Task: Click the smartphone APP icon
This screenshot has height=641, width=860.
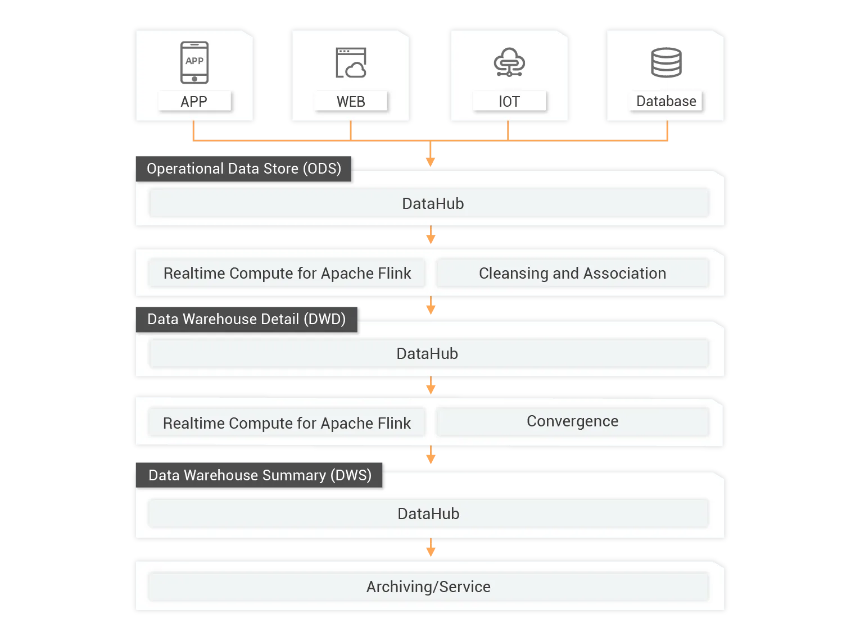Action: click(x=194, y=62)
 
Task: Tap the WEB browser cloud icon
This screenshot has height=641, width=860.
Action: click(x=351, y=63)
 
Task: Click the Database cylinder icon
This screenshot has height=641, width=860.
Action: click(x=666, y=62)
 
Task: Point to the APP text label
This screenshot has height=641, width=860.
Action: click(x=194, y=102)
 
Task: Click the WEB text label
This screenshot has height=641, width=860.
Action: click(x=351, y=102)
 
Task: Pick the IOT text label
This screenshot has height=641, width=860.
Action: click(x=509, y=102)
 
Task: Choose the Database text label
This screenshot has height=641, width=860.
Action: click(x=666, y=101)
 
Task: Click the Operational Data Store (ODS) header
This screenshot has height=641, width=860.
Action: click(x=244, y=169)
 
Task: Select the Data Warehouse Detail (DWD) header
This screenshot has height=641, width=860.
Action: click(x=246, y=319)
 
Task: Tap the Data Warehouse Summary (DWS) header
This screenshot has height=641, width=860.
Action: click(x=260, y=475)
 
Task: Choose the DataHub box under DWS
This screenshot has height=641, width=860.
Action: click(x=428, y=513)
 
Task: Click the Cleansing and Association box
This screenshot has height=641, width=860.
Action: click(x=572, y=273)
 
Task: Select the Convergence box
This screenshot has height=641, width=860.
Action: click(x=572, y=421)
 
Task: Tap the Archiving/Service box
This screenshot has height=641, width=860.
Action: click(x=428, y=587)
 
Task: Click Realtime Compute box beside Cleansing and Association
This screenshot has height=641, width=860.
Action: click(x=287, y=273)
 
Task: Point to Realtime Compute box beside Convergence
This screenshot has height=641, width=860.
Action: click(x=287, y=423)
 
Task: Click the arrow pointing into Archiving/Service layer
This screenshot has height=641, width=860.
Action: click(x=431, y=548)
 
